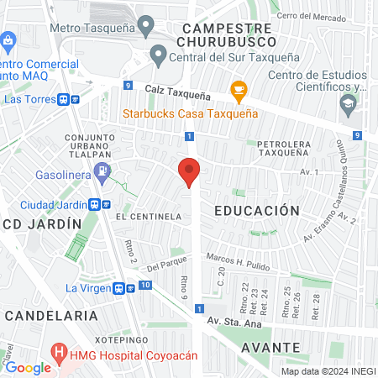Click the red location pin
tap(190, 172)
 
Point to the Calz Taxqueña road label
tap(176, 87)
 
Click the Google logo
tap(28, 367)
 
